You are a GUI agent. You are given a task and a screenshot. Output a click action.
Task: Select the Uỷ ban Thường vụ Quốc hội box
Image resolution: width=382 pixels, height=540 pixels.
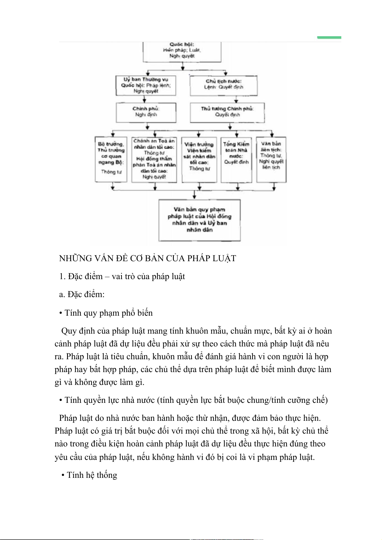(146, 85)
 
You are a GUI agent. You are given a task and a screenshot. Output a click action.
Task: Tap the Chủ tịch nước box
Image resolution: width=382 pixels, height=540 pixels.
(224, 85)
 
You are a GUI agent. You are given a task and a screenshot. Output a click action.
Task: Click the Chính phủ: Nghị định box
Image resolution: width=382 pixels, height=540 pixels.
(146, 112)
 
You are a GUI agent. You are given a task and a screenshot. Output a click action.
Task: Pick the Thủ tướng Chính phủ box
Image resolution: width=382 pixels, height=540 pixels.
(227, 112)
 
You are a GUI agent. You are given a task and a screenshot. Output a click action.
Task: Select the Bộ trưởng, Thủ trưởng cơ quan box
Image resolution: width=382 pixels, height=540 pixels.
(111, 159)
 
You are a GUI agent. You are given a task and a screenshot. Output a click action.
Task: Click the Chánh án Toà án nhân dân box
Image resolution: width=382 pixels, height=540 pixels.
(154, 159)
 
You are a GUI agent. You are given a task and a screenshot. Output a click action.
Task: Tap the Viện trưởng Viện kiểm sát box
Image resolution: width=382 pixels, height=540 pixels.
(199, 159)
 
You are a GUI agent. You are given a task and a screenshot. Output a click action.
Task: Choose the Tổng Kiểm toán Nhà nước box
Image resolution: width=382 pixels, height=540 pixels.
(236, 159)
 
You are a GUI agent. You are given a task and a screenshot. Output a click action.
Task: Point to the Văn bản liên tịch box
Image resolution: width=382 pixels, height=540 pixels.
(271, 159)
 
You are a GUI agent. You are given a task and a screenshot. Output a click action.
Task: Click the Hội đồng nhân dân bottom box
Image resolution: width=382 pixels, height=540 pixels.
(199, 220)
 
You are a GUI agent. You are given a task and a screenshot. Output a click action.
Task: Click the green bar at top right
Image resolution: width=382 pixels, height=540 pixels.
(329, 37)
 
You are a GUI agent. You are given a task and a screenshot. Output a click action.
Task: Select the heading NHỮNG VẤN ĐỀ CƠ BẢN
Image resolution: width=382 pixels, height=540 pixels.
(148, 258)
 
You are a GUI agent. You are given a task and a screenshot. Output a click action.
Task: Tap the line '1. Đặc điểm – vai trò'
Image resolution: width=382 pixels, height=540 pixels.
(122, 276)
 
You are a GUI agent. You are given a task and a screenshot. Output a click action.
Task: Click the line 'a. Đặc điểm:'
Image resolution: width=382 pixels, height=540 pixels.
(82, 294)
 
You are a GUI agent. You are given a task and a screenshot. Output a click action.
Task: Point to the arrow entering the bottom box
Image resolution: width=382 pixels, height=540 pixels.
(194, 195)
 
